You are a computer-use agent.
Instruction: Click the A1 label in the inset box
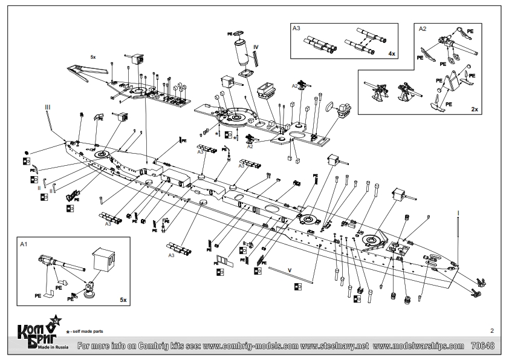click(x=25, y=245)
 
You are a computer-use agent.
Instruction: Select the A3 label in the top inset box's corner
click(x=296, y=28)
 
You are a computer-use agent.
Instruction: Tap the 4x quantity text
click(x=392, y=54)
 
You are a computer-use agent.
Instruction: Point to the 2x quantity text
click(x=476, y=110)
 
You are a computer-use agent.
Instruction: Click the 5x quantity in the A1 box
click(x=123, y=299)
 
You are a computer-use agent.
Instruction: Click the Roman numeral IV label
click(x=256, y=47)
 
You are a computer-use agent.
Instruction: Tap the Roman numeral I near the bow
click(x=458, y=212)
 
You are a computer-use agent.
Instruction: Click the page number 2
click(x=492, y=331)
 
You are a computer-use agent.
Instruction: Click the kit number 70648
click(x=483, y=347)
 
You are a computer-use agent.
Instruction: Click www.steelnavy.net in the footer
click(x=334, y=347)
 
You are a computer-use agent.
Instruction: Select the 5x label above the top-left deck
click(x=92, y=56)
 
